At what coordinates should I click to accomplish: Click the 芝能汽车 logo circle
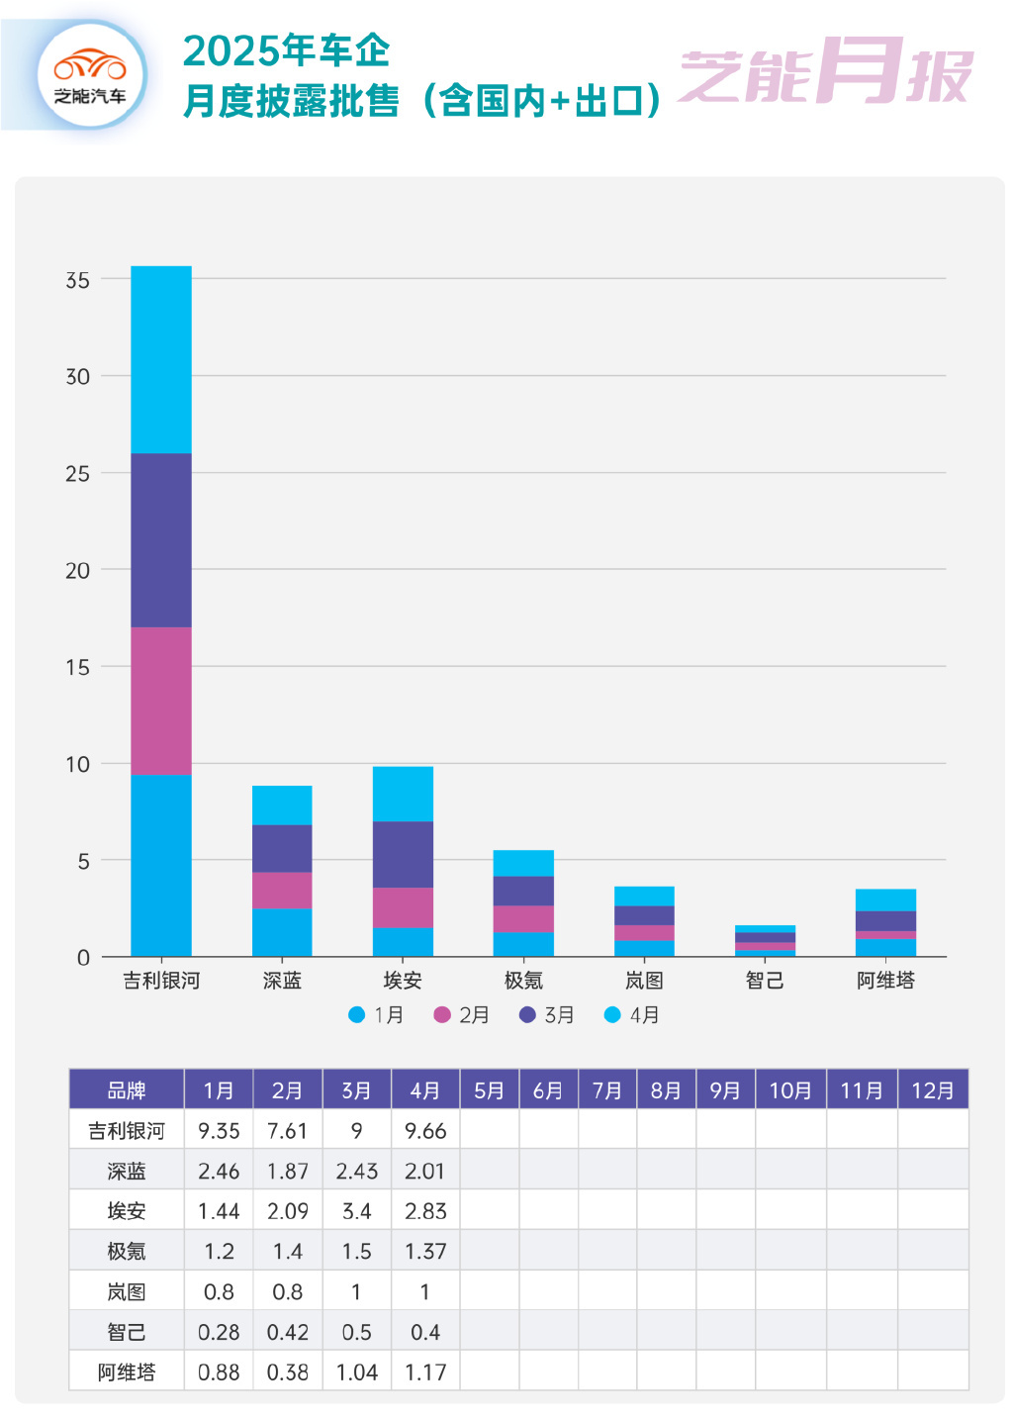point(90,75)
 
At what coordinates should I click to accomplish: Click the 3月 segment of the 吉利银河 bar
point(161,540)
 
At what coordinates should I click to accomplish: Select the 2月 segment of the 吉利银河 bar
point(161,701)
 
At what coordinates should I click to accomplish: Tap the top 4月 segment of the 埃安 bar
point(403,794)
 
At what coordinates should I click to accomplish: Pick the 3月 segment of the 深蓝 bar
point(282,848)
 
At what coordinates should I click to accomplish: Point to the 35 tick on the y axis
point(77,280)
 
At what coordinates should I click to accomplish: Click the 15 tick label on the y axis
point(77,667)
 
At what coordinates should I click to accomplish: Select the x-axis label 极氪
point(523,980)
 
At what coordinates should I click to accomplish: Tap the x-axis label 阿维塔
point(885,980)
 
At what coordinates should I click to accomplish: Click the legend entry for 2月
point(462,1014)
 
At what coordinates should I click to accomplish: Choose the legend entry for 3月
point(547,1014)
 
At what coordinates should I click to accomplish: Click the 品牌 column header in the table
point(127,1089)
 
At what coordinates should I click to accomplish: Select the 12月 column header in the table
point(932,1089)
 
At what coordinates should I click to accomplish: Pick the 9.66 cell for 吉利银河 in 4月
point(425,1130)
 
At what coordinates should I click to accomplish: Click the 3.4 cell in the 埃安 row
point(356,1211)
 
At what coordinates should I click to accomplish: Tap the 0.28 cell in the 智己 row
point(219,1332)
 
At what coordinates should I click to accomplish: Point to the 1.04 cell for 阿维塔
point(356,1372)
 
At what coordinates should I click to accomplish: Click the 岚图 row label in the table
point(127,1291)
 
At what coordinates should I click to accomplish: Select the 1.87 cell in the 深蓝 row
point(288,1171)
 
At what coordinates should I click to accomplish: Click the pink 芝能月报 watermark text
point(825,73)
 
